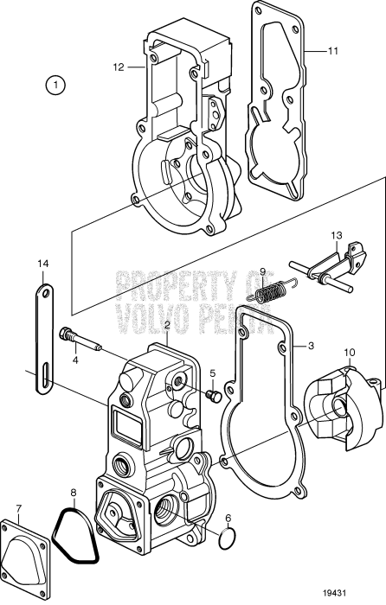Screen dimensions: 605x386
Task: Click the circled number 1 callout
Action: [56, 85]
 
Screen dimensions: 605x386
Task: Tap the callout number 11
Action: [332, 51]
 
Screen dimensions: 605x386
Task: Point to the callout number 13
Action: [337, 236]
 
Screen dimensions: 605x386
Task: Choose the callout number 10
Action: [349, 352]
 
